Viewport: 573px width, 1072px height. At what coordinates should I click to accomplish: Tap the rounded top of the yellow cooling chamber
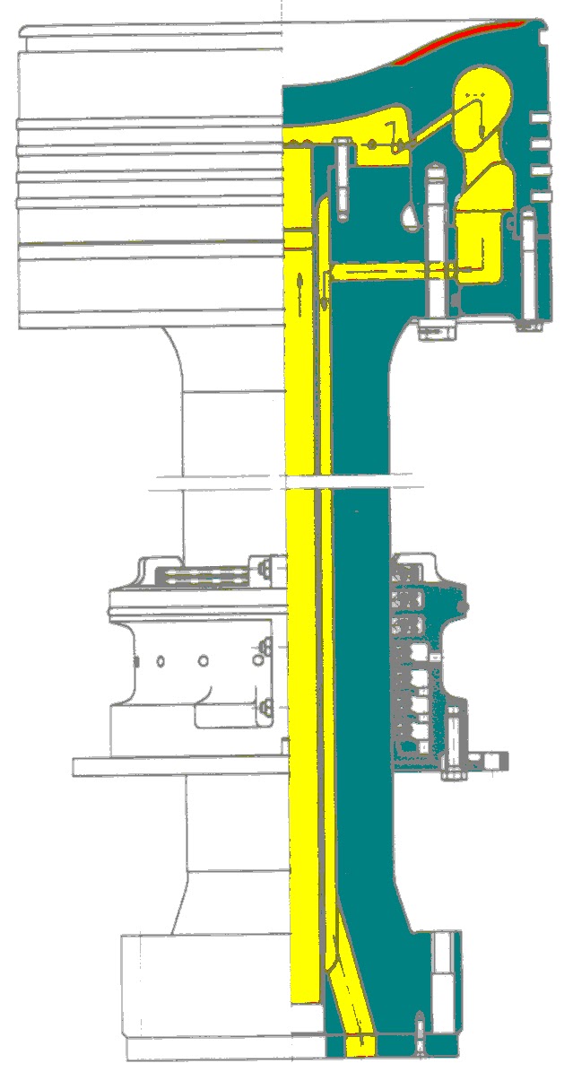(482, 85)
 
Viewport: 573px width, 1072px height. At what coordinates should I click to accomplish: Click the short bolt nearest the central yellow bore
(342, 179)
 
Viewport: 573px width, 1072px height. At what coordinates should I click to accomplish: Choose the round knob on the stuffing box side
(463, 608)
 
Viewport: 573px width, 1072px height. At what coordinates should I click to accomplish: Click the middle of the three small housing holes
(204, 661)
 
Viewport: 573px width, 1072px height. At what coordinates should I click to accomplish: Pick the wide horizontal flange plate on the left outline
(179, 767)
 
